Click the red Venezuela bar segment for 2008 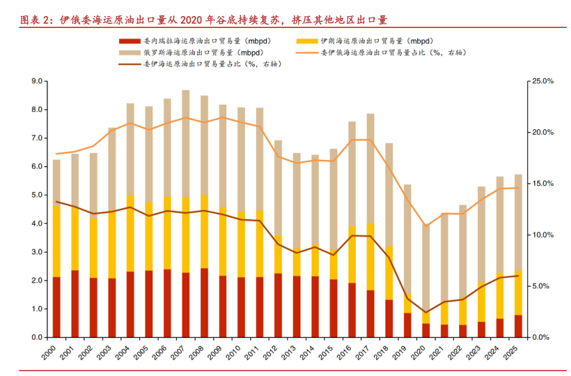coord(204,303)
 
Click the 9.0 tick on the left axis coord(37,81)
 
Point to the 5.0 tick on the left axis coord(37,195)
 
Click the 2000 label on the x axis coord(55,354)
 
